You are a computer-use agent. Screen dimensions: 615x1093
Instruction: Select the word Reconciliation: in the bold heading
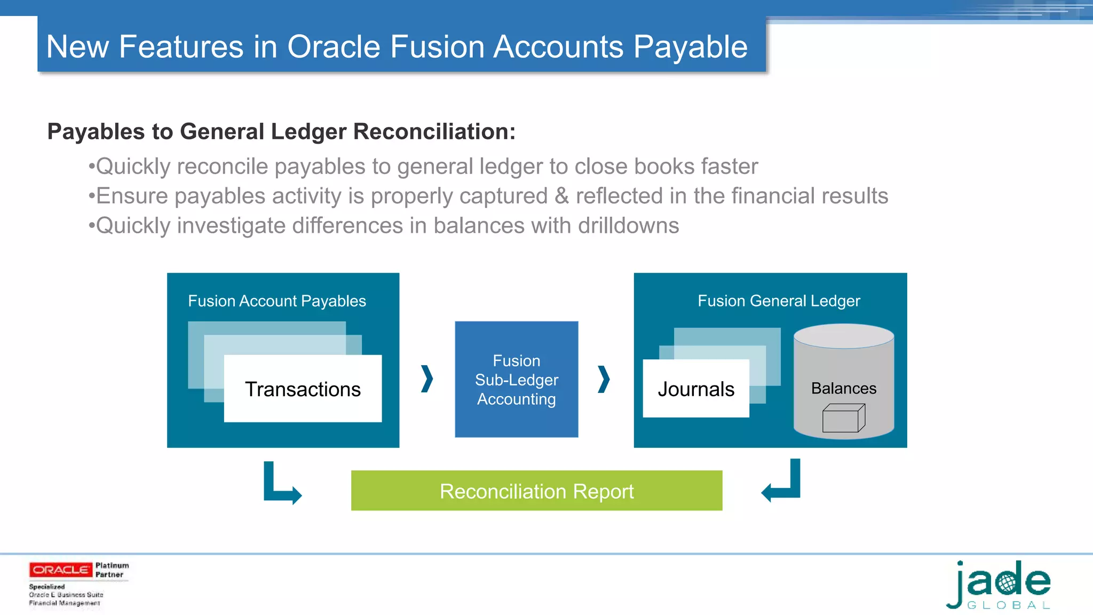434,132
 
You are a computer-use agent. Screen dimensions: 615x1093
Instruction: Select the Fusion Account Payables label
277,301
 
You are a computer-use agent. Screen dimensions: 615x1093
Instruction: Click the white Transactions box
303,389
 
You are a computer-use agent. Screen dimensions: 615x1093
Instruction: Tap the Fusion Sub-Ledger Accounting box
516,380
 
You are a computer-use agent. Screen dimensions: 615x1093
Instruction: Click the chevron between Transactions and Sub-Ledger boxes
427,379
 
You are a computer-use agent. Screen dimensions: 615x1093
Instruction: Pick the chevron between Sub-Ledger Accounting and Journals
604,379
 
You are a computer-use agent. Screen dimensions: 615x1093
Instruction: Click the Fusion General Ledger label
779,301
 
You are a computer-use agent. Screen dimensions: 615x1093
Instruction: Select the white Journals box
696,389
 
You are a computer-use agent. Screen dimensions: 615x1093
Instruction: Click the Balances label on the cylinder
843,388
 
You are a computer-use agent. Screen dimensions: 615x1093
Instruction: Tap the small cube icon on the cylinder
843,418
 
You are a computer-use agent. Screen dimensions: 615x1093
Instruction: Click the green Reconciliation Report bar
536,491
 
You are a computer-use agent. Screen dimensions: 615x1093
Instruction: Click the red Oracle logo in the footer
60,570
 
